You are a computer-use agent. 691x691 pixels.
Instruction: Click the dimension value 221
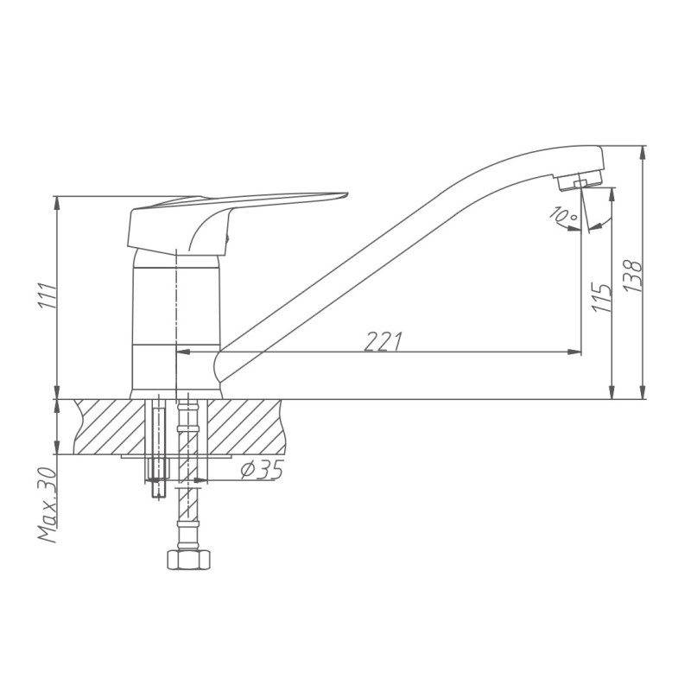(x=382, y=341)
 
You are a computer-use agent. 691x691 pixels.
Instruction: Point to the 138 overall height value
(x=633, y=276)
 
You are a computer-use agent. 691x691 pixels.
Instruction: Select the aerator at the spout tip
(x=580, y=182)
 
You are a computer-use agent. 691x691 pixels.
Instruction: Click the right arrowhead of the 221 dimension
(x=574, y=352)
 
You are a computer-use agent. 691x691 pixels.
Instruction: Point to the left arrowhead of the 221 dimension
(x=183, y=352)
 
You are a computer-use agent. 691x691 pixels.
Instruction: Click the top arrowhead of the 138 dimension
(x=643, y=152)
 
